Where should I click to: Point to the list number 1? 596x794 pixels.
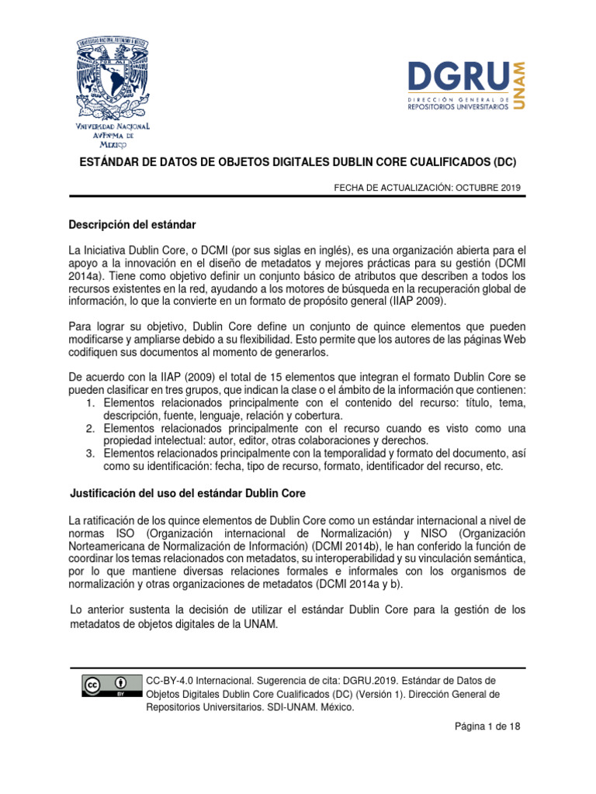click(x=88, y=403)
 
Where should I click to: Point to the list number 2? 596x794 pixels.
click(x=88, y=429)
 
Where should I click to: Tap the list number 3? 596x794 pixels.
click(x=88, y=454)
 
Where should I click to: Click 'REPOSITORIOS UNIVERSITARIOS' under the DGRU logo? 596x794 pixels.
click(x=458, y=108)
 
